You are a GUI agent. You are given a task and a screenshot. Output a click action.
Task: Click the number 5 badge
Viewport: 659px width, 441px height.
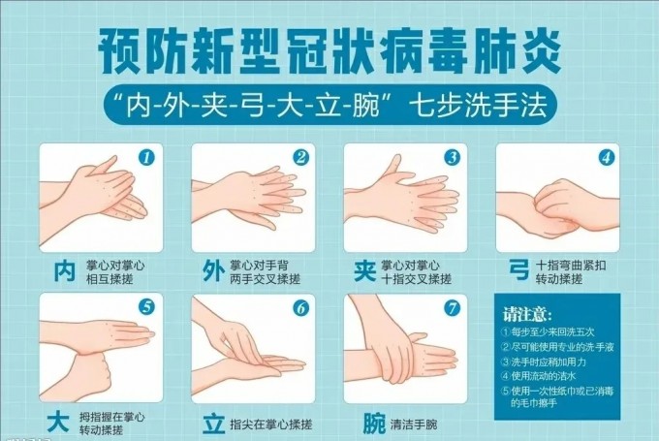[147, 307]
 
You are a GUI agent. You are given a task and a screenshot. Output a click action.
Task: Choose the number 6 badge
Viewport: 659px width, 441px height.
[300, 308]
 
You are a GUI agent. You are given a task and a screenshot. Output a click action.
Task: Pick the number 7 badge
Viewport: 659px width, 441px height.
[452, 308]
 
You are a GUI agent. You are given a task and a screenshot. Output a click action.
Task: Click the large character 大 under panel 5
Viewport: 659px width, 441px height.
[59, 424]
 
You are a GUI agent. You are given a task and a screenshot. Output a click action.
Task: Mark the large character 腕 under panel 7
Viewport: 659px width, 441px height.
[372, 424]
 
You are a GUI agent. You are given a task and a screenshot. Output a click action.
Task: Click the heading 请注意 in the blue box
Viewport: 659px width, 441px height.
[527, 316]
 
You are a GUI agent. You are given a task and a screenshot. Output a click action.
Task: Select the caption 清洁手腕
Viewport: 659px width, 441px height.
[415, 425]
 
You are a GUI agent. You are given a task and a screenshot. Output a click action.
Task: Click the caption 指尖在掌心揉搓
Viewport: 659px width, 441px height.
[272, 425]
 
